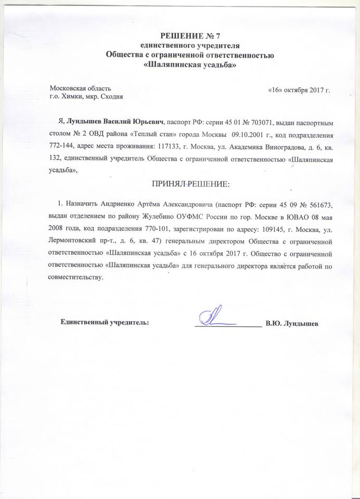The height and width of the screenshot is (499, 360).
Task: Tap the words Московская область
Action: click(x=80, y=88)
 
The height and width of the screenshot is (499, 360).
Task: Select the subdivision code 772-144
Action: click(x=65, y=147)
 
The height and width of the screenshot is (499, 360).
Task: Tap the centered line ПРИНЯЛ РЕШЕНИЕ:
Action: click(x=190, y=184)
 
